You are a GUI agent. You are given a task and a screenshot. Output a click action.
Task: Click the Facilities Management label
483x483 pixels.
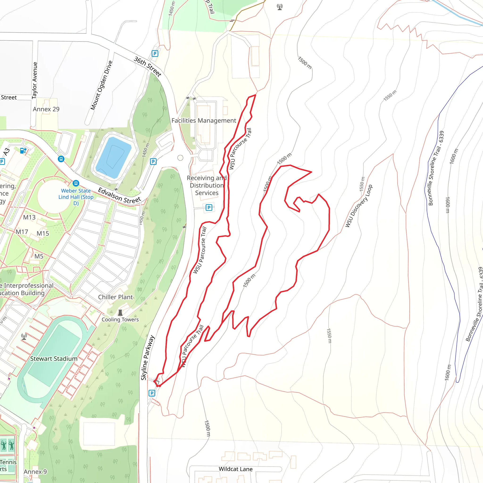204,121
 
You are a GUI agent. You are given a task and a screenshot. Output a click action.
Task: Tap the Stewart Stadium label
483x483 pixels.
54,358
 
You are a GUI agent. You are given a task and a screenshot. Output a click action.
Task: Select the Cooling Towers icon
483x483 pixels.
120,312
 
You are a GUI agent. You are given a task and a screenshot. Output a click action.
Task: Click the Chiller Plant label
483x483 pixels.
115,297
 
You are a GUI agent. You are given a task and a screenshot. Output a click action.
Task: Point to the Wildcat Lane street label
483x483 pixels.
236,469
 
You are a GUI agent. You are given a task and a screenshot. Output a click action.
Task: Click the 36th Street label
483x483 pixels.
147,67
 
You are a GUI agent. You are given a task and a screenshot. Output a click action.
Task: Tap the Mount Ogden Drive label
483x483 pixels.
101,85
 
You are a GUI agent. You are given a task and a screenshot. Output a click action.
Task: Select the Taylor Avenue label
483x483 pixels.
35,80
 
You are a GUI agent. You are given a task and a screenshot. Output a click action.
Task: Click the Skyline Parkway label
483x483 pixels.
147,358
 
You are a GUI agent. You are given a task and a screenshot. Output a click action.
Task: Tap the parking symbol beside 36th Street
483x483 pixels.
155,54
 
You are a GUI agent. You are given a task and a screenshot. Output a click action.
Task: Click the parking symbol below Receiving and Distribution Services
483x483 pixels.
209,208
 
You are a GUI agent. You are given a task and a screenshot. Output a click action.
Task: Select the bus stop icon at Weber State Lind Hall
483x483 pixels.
76,183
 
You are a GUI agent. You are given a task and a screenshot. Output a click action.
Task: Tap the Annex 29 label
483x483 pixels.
46,109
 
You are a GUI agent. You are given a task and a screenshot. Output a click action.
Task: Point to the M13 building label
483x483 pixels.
29,217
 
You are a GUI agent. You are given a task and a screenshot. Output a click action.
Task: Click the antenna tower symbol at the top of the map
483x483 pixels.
280,7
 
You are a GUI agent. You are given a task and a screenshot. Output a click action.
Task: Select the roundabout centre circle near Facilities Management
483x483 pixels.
180,158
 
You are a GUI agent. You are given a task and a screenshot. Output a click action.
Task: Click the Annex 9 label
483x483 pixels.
35,472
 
